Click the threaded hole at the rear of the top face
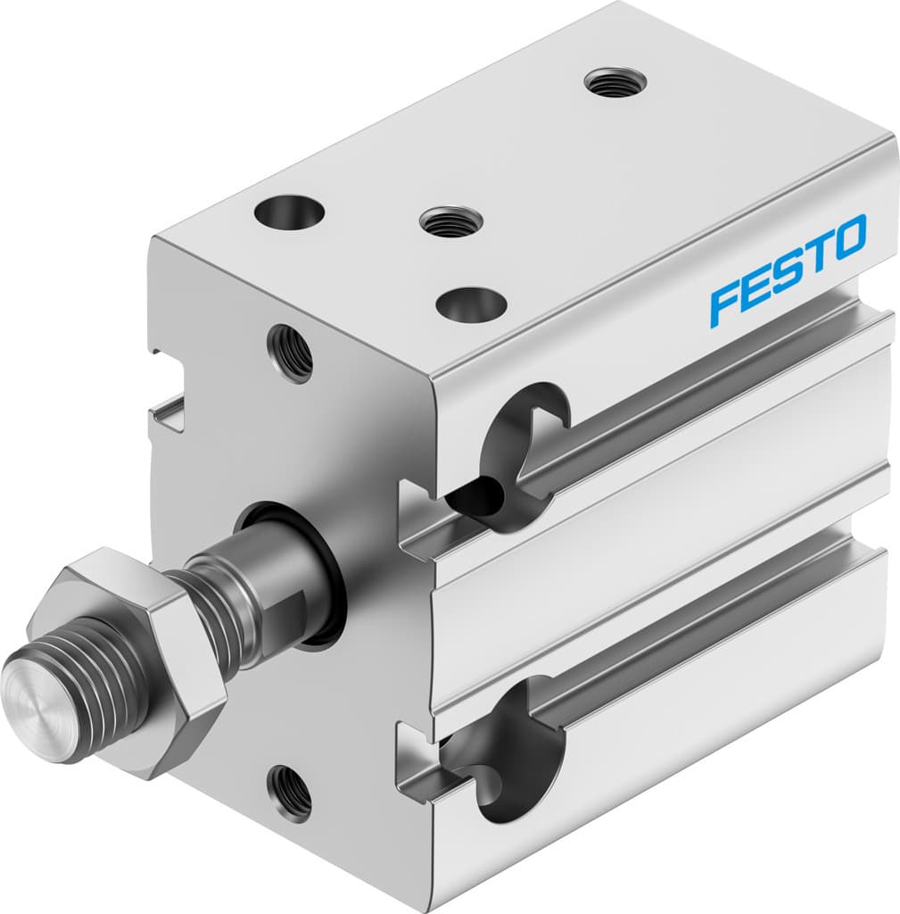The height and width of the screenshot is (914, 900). (615, 82)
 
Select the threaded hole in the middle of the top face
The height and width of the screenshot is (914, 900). (450, 220)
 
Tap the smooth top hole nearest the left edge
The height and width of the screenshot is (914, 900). (289, 212)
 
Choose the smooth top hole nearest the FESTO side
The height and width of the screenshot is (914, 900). (471, 303)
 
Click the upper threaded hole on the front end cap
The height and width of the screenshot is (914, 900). (290, 353)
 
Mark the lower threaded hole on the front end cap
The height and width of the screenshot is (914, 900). (290, 792)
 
